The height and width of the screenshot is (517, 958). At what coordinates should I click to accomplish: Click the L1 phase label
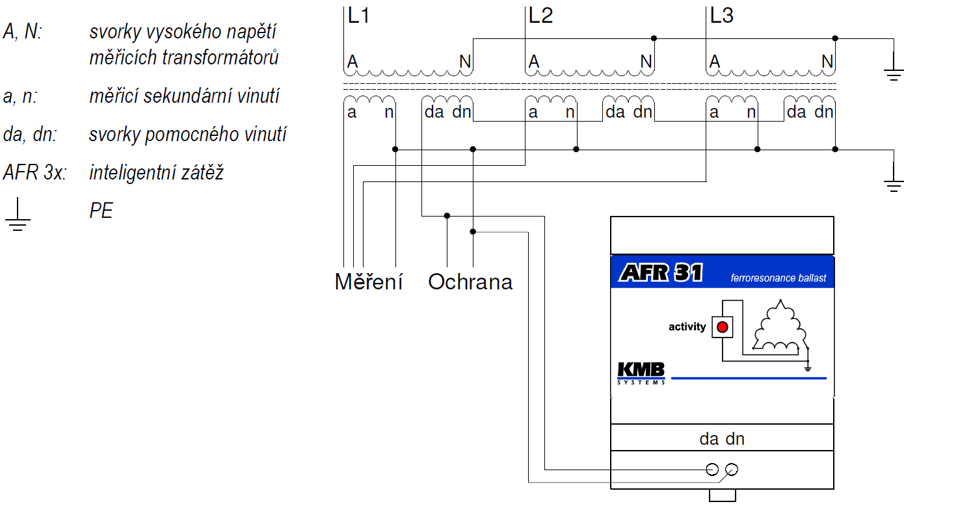pos(358,16)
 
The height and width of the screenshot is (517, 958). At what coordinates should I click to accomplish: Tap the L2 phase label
pos(540,16)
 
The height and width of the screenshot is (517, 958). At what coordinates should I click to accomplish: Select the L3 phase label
pos(721,16)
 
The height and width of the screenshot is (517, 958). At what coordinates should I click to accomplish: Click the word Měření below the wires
pos(369,282)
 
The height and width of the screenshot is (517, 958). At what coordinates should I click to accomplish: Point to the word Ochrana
pos(470,282)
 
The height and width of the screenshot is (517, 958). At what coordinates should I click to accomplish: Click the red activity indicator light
pos(723,327)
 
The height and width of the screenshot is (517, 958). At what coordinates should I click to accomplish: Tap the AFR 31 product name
pos(661,272)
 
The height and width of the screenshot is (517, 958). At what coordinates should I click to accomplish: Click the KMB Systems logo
pos(641,373)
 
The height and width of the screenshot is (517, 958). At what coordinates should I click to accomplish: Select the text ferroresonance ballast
pos(778,278)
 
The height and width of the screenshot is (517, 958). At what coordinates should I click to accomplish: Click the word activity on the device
pos(687,327)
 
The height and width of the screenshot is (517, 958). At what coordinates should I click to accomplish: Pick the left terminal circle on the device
pos(712,470)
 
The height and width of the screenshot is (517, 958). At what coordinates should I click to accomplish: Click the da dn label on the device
pos(722,439)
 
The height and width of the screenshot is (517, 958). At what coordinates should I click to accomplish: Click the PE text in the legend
pos(101,211)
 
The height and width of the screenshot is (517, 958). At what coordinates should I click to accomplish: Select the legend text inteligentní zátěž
pos(156,172)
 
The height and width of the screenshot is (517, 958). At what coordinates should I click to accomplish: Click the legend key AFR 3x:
pos(34,172)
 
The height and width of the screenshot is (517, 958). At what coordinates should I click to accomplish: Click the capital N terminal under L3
pos(827,62)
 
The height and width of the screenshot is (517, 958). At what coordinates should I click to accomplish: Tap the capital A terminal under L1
pos(352,62)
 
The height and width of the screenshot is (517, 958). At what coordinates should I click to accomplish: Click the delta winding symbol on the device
pos(780,326)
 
